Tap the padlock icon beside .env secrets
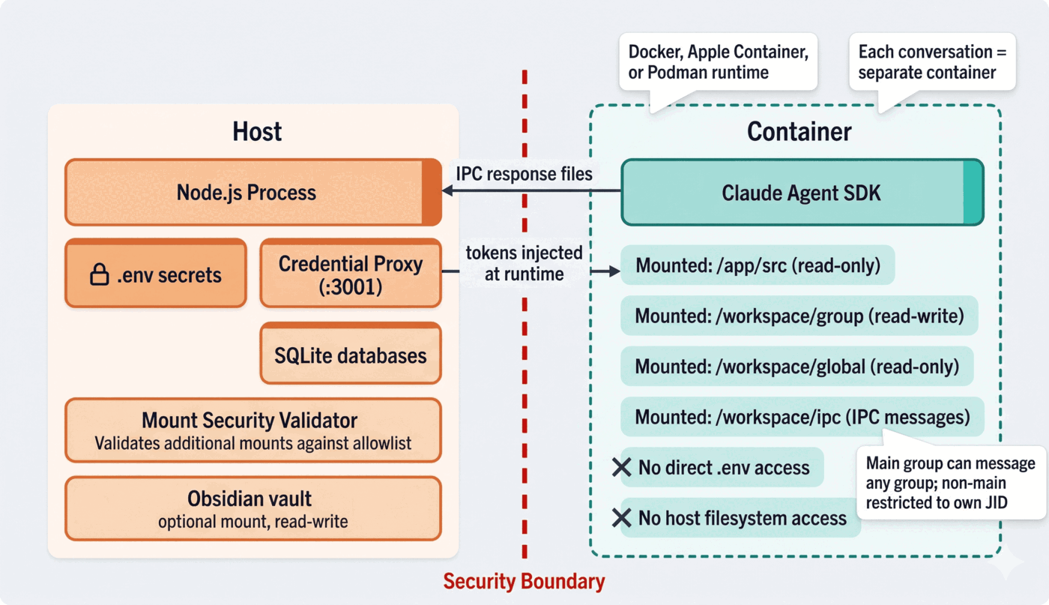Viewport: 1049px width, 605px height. click(x=99, y=275)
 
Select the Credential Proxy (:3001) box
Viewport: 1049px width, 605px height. click(x=350, y=274)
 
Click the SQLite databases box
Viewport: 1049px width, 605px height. click(x=350, y=355)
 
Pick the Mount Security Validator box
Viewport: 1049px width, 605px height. click(x=253, y=430)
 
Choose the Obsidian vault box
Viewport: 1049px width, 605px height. click(x=253, y=508)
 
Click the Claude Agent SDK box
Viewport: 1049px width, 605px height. click(x=801, y=193)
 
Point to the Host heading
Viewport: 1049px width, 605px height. click(x=256, y=131)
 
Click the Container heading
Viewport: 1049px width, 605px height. click(x=799, y=131)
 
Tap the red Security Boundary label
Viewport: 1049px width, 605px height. click(x=524, y=581)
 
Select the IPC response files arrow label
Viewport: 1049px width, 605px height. click(x=524, y=174)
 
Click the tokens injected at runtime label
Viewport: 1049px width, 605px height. click(x=524, y=263)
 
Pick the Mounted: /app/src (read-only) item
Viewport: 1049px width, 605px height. click(x=758, y=265)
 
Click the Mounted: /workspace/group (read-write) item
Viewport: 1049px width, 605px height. click(x=799, y=316)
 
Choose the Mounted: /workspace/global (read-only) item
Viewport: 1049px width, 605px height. click(x=796, y=367)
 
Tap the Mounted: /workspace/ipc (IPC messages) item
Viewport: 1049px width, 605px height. click(x=802, y=417)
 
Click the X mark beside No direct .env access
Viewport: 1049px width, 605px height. click(x=621, y=467)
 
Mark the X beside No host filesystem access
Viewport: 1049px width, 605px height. click(x=621, y=517)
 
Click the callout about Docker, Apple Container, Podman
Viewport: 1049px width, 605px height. click(x=718, y=63)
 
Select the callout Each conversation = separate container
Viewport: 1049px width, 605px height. click(x=932, y=63)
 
